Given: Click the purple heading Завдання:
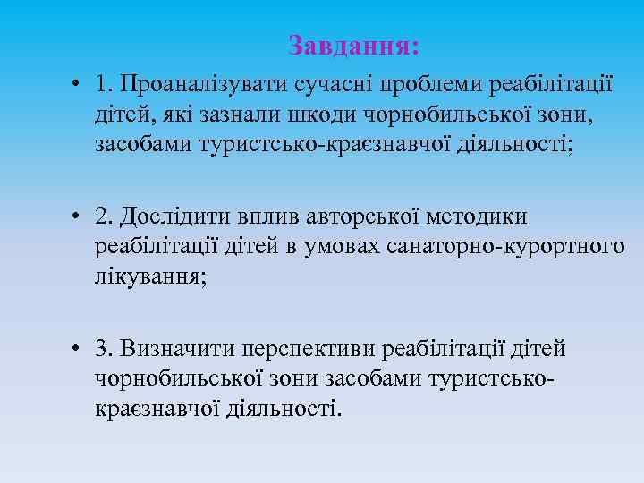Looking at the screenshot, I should point(354,44).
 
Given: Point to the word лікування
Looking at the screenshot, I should point(149,276).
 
